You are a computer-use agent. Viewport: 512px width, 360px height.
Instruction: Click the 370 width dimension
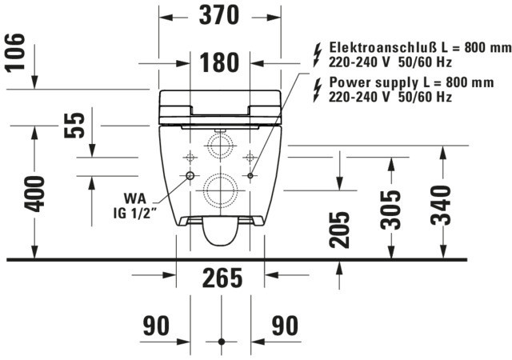pos(219,15)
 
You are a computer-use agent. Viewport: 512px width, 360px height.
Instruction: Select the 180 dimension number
pos(219,62)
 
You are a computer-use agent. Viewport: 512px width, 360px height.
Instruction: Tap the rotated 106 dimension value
pos(15,52)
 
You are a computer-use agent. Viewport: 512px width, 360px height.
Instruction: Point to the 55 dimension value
pos(74,126)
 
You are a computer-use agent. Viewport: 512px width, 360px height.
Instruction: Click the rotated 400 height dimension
pos(34,194)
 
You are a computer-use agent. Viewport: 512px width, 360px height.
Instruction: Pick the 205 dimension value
pos(339,230)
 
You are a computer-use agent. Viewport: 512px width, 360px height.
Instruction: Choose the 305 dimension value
pos(391,210)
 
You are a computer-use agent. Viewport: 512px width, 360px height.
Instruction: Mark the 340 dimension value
pos(441,205)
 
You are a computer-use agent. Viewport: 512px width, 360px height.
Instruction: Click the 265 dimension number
pos(222,278)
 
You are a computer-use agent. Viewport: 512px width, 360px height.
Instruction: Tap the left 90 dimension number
pos(157,326)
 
